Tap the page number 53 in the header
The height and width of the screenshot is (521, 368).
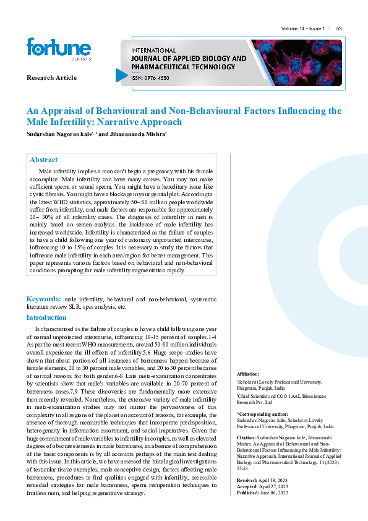click(x=339, y=28)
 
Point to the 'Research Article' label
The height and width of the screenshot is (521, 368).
click(x=51, y=77)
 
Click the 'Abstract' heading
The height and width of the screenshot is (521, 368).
click(x=43, y=160)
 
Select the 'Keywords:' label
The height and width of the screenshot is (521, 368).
click(x=43, y=299)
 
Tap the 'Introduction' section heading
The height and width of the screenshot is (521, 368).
click(x=46, y=317)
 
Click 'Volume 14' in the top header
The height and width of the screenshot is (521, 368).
click(x=293, y=28)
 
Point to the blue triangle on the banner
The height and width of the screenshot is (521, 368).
click(x=122, y=75)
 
